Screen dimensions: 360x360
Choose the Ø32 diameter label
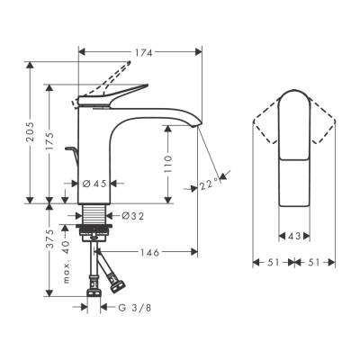coord(132,215)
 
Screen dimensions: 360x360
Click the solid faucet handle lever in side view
coord(112,91)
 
